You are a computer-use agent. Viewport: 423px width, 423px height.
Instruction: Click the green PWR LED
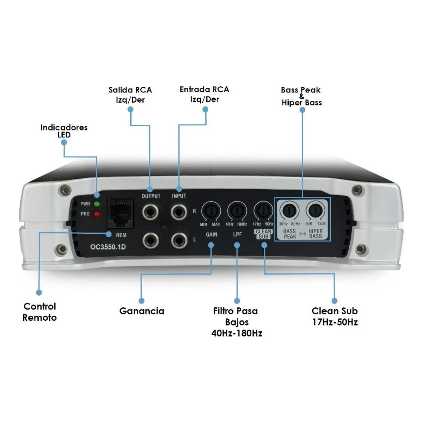click(x=97, y=204)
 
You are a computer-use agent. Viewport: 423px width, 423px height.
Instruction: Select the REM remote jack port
click(x=120, y=213)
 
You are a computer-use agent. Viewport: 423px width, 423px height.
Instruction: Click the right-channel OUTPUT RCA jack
click(x=150, y=212)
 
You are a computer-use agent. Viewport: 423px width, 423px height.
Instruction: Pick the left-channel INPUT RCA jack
click(x=179, y=241)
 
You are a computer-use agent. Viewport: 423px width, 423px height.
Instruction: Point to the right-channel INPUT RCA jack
click(x=179, y=212)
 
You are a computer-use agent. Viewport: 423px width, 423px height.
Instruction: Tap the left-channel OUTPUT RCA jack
click(x=150, y=241)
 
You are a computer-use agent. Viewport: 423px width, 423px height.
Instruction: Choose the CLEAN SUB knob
click(x=263, y=211)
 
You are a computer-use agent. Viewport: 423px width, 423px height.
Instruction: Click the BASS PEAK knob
click(x=289, y=211)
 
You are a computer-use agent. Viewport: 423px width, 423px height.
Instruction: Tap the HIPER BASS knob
click(x=315, y=211)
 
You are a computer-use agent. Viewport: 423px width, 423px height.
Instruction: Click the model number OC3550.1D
click(x=108, y=247)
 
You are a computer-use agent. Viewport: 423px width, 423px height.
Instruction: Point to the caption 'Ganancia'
click(x=142, y=311)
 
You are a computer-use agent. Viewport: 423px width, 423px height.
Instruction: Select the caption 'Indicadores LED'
click(x=64, y=131)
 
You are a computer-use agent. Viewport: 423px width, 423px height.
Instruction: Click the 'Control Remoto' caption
click(x=39, y=312)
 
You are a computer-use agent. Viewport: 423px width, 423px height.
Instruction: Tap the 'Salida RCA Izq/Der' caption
click(x=130, y=95)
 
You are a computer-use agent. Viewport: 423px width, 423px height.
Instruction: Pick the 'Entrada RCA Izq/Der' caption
click(x=204, y=94)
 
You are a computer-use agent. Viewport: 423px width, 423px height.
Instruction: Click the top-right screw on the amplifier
click(x=357, y=189)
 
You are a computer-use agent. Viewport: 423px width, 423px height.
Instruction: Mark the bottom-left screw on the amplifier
click(x=62, y=249)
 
